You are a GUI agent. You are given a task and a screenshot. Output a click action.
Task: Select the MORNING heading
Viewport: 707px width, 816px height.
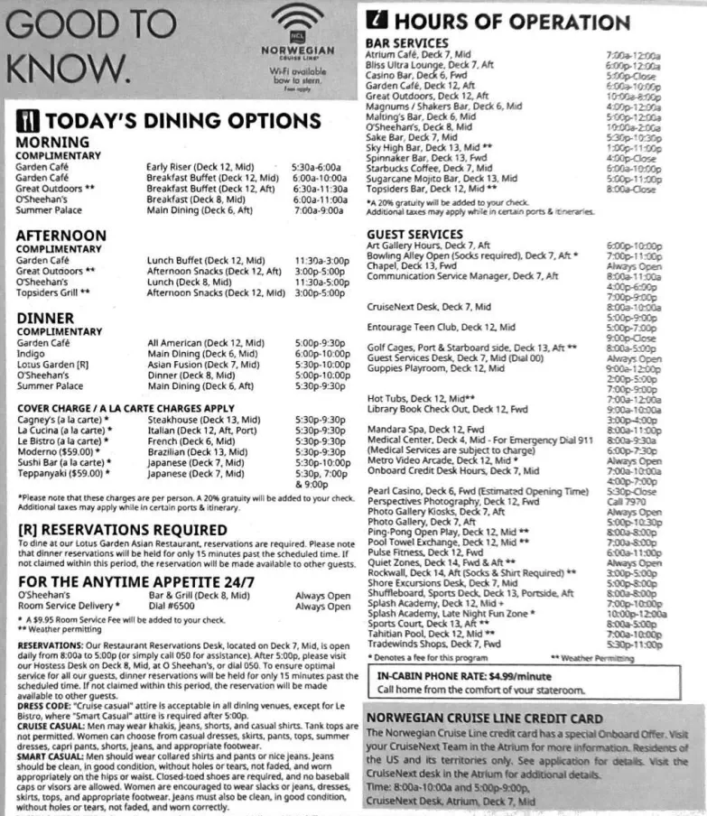click(x=52, y=143)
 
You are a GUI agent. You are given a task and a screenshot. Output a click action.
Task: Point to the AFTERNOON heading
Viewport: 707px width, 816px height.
click(x=61, y=236)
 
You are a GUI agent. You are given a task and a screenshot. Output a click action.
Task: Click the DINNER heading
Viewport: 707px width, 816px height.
click(x=45, y=319)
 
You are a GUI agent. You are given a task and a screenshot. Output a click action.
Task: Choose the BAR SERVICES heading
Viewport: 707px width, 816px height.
click(x=406, y=42)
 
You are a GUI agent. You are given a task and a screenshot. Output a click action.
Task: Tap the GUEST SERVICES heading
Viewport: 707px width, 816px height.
click(x=414, y=234)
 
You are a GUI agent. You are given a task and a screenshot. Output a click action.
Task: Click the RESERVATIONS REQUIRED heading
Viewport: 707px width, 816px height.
click(x=116, y=529)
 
